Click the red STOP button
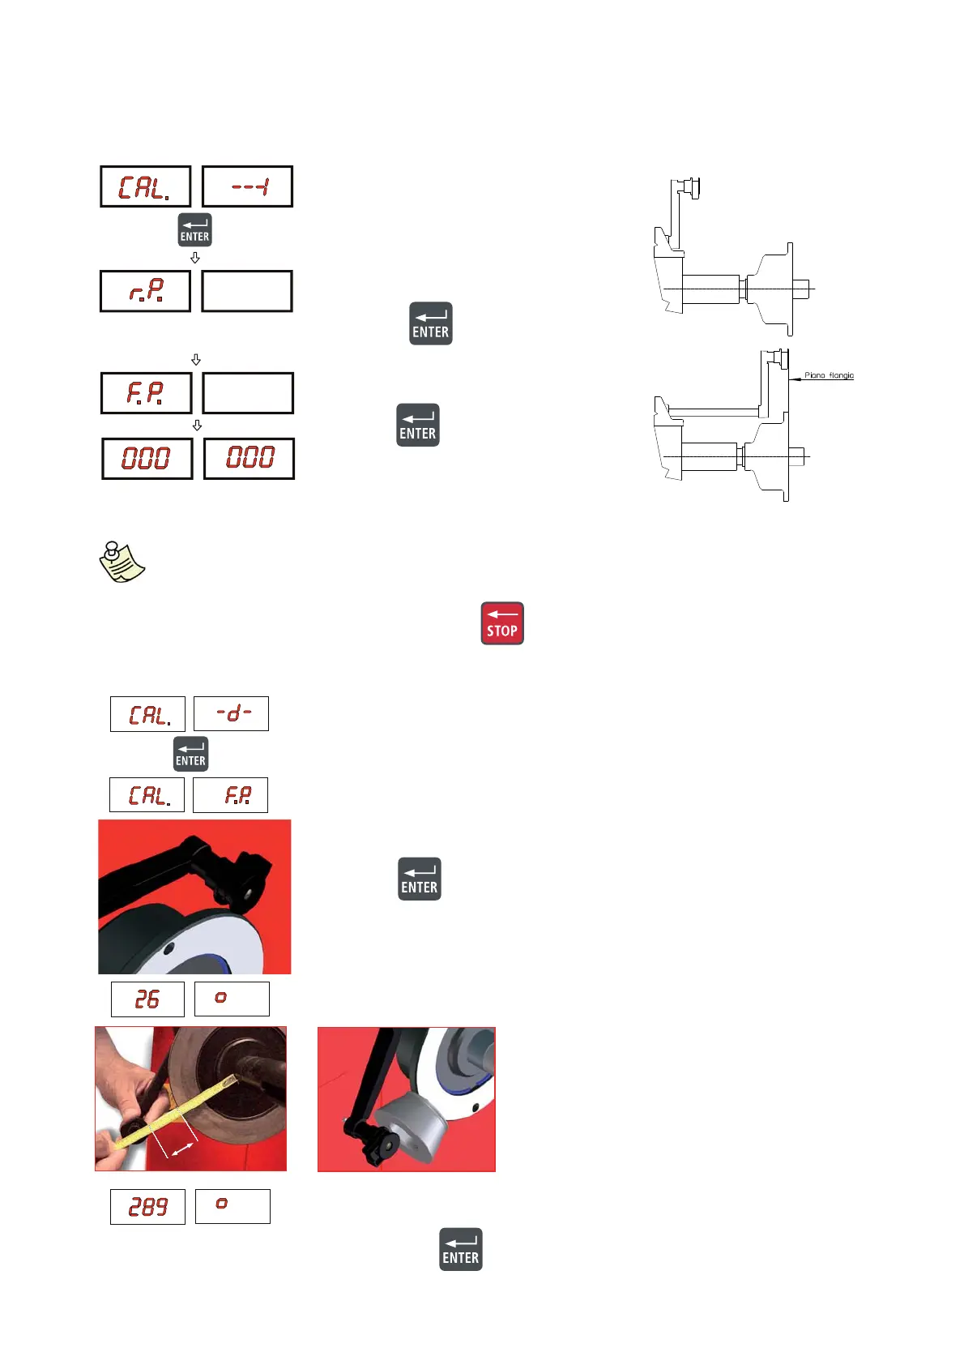pyautogui.click(x=502, y=623)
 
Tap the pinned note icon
pyautogui.click(x=122, y=561)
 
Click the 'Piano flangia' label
pyautogui.click(x=829, y=375)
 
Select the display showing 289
pyautogui.click(x=147, y=1207)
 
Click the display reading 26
pyautogui.click(x=147, y=999)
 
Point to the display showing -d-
pyautogui.click(x=232, y=714)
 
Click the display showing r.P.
pyautogui.click(x=146, y=291)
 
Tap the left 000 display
pyautogui.click(x=147, y=459)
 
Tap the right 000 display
pyautogui.click(x=249, y=459)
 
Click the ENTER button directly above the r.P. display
pyautogui.click(x=194, y=230)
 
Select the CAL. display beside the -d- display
pyautogui.click(x=148, y=714)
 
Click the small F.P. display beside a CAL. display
pyautogui.click(x=231, y=795)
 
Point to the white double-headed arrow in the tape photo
pyautogui.click(x=183, y=1149)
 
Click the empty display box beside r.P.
pyautogui.click(x=247, y=291)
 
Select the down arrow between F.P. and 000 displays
pyautogui.click(x=197, y=426)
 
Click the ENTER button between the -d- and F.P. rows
pyautogui.click(x=191, y=754)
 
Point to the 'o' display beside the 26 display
pyautogui.click(x=232, y=999)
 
